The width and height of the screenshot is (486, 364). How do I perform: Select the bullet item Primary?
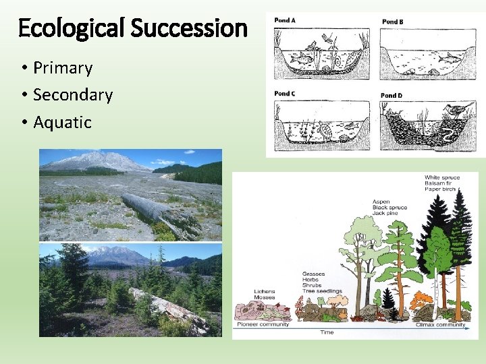[63, 68]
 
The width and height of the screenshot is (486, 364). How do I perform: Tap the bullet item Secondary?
[73, 95]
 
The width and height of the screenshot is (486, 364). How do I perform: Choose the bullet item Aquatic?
[62, 122]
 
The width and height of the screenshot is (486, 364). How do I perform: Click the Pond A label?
[285, 21]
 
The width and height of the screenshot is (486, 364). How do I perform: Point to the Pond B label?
[393, 22]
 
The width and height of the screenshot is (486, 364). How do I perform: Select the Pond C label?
[285, 94]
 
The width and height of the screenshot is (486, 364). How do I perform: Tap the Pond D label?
[391, 96]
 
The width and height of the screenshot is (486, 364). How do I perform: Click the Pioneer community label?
[263, 324]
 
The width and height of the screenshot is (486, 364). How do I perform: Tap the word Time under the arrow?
[327, 332]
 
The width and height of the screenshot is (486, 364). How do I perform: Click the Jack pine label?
[385, 214]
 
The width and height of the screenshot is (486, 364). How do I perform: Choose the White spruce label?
[442, 178]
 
